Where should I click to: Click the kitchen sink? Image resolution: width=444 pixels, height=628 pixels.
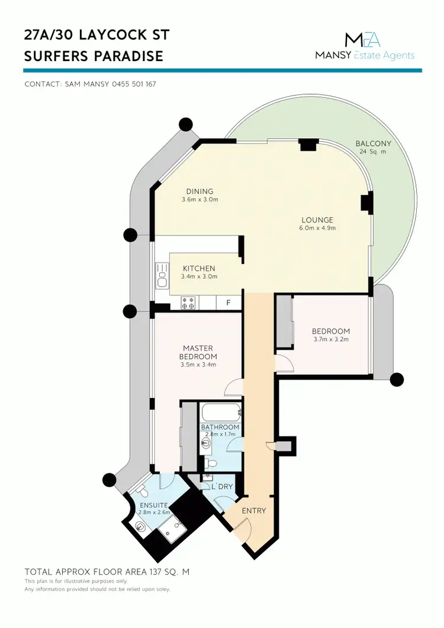[162, 276]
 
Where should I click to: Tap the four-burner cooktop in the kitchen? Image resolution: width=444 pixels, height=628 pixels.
[188, 302]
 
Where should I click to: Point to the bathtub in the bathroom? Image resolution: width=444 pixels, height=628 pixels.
[220, 412]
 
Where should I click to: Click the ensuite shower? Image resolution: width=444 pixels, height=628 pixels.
[171, 528]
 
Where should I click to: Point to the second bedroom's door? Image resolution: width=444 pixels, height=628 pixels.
[283, 363]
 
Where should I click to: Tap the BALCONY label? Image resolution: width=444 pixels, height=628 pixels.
[373, 144]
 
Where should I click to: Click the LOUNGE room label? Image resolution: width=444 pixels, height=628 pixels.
[317, 220]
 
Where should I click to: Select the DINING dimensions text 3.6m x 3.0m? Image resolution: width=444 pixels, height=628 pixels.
[200, 200]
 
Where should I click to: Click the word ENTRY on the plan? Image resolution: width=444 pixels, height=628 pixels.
[254, 511]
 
